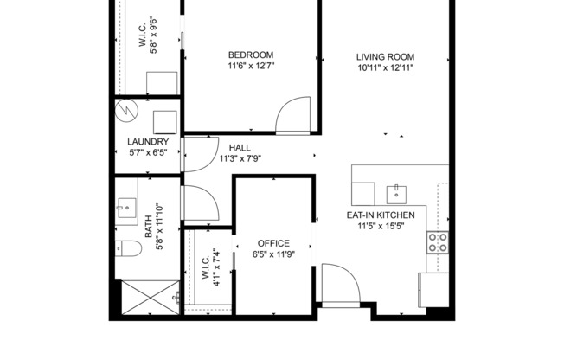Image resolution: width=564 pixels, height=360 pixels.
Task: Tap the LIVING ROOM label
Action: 385,57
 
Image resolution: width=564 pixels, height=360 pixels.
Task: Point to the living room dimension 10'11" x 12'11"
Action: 385,69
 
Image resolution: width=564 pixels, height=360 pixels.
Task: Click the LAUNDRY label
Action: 148,141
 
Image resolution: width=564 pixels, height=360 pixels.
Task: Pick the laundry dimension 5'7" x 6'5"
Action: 148,152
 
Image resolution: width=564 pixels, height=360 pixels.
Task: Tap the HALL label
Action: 240,147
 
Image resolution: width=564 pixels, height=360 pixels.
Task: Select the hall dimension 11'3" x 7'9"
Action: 240,158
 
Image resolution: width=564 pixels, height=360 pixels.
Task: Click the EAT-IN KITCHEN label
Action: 381,215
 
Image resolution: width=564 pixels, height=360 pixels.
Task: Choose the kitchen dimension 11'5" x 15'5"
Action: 381,227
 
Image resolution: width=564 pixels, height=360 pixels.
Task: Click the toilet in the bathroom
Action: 128,250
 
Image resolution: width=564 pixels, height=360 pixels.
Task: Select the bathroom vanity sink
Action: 127,206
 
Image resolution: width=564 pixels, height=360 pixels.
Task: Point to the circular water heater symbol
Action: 127,112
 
